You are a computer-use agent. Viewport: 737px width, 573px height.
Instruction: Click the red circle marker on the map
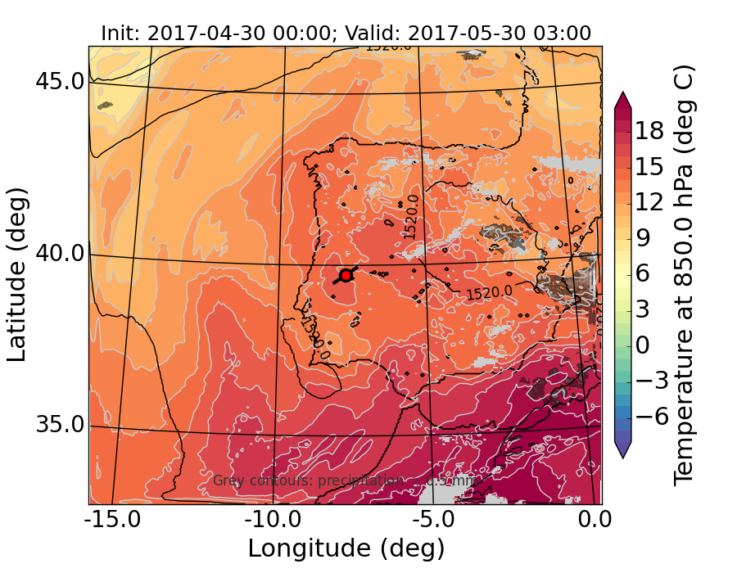tap(346, 275)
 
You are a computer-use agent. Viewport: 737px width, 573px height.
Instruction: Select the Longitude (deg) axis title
tap(346, 548)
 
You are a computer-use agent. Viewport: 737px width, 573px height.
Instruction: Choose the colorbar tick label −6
tap(652, 416)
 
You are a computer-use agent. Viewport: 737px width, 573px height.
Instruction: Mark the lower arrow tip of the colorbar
tap(623, 457)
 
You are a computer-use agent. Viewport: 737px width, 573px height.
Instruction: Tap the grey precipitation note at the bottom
tap(344, 481)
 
